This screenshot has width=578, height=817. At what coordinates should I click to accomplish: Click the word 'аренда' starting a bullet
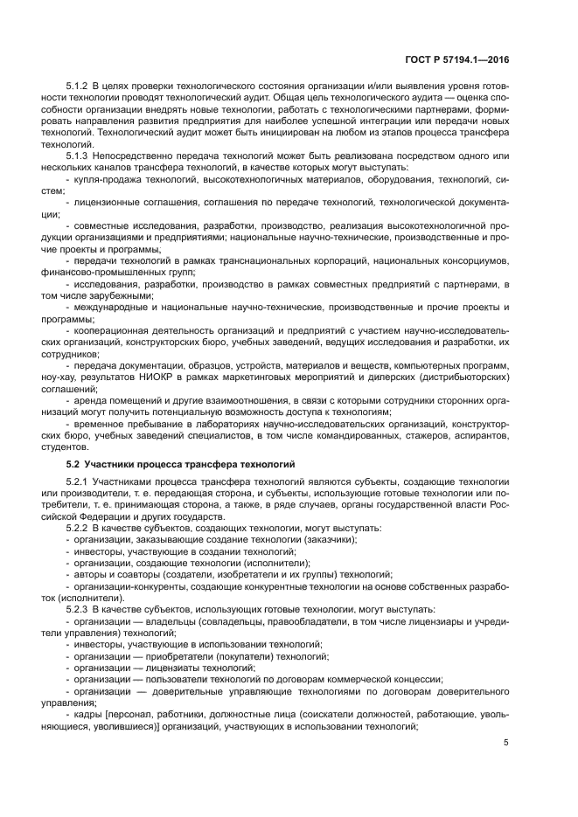(x=89, y=399)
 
